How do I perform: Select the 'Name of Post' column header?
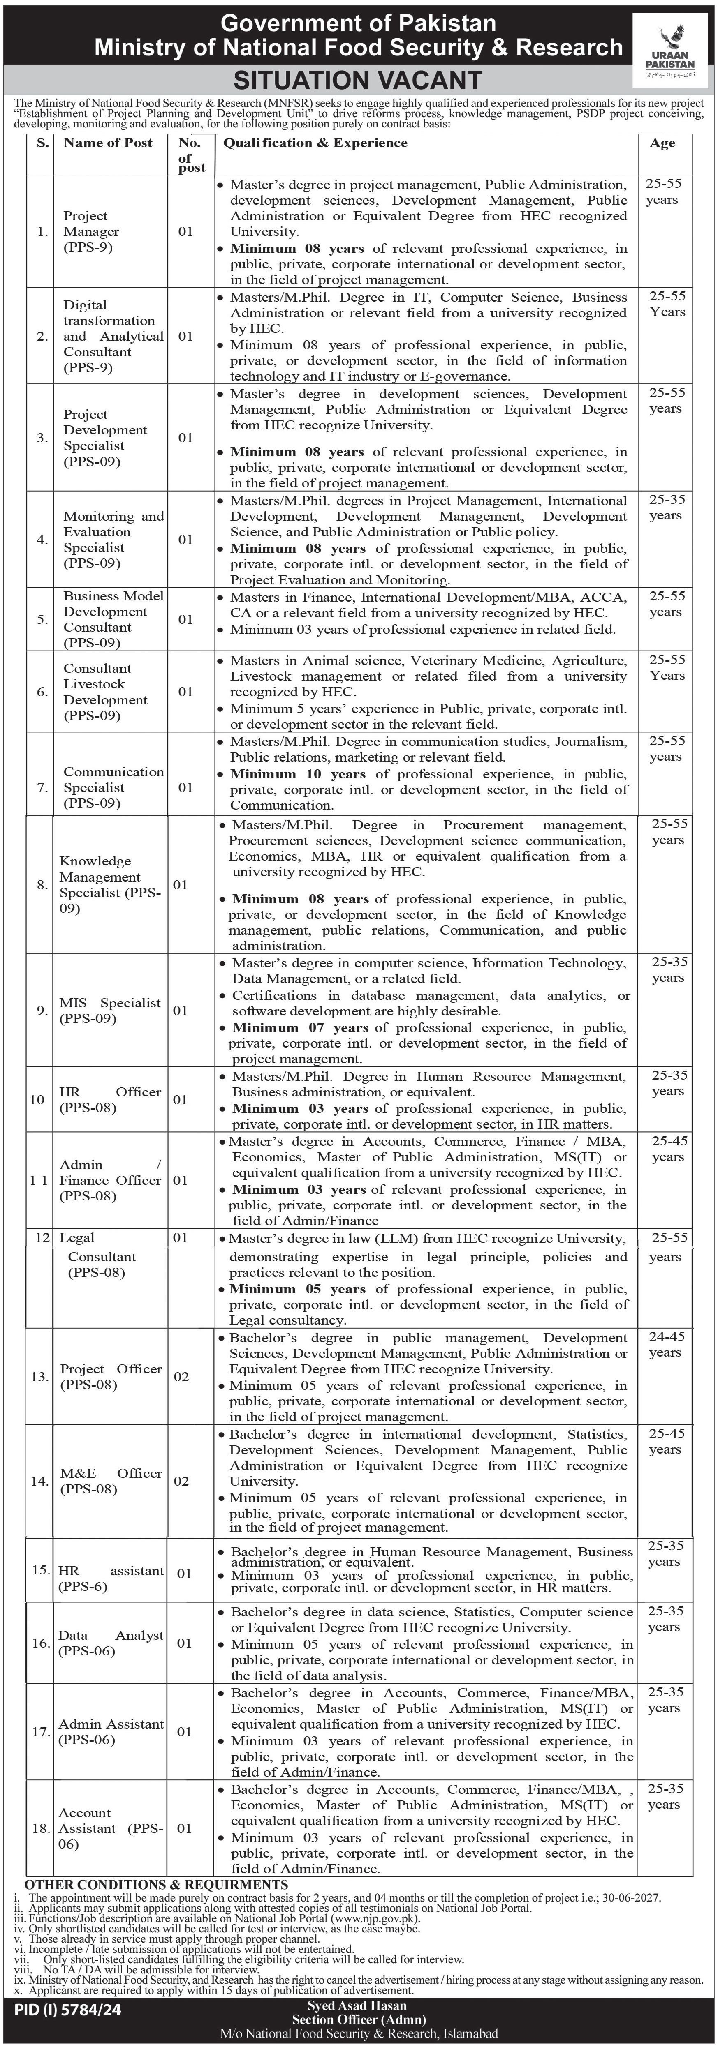pyautogui.click(x=108, y=143)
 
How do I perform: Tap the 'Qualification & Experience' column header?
pyautogui.click(x=315, y=143)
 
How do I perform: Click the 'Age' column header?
pyautogui.click(x=662, y=143)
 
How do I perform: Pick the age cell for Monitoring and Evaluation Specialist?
pyautogui.click(x=665, y=507)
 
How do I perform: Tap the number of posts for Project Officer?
pyautogui.click(x=181, y=1376)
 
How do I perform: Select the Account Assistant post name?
pyautogui.click(x=110, y=1828)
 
